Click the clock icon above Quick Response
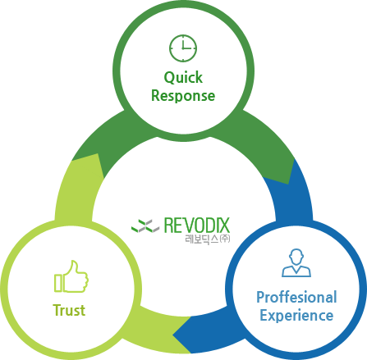[183, 48]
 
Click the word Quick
[183, 78]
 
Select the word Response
[183, 96]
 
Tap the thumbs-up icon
[71, 276]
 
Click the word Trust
[69, 310]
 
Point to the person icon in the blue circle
[296, 262]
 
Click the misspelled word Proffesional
[296, 297]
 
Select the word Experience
[296, 316]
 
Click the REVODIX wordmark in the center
[197, 226]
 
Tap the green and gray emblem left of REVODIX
[145, 226]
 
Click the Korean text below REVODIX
[208, 239]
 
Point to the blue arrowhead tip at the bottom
[173, 334]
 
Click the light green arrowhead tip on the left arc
[98, 154]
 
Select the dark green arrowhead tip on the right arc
[288, 184]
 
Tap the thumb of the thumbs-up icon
[72, 268]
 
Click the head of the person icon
[296, 257]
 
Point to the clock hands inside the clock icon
[186, 46]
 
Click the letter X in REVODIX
[224, 226]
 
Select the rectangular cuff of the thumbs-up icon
[58, 283]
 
